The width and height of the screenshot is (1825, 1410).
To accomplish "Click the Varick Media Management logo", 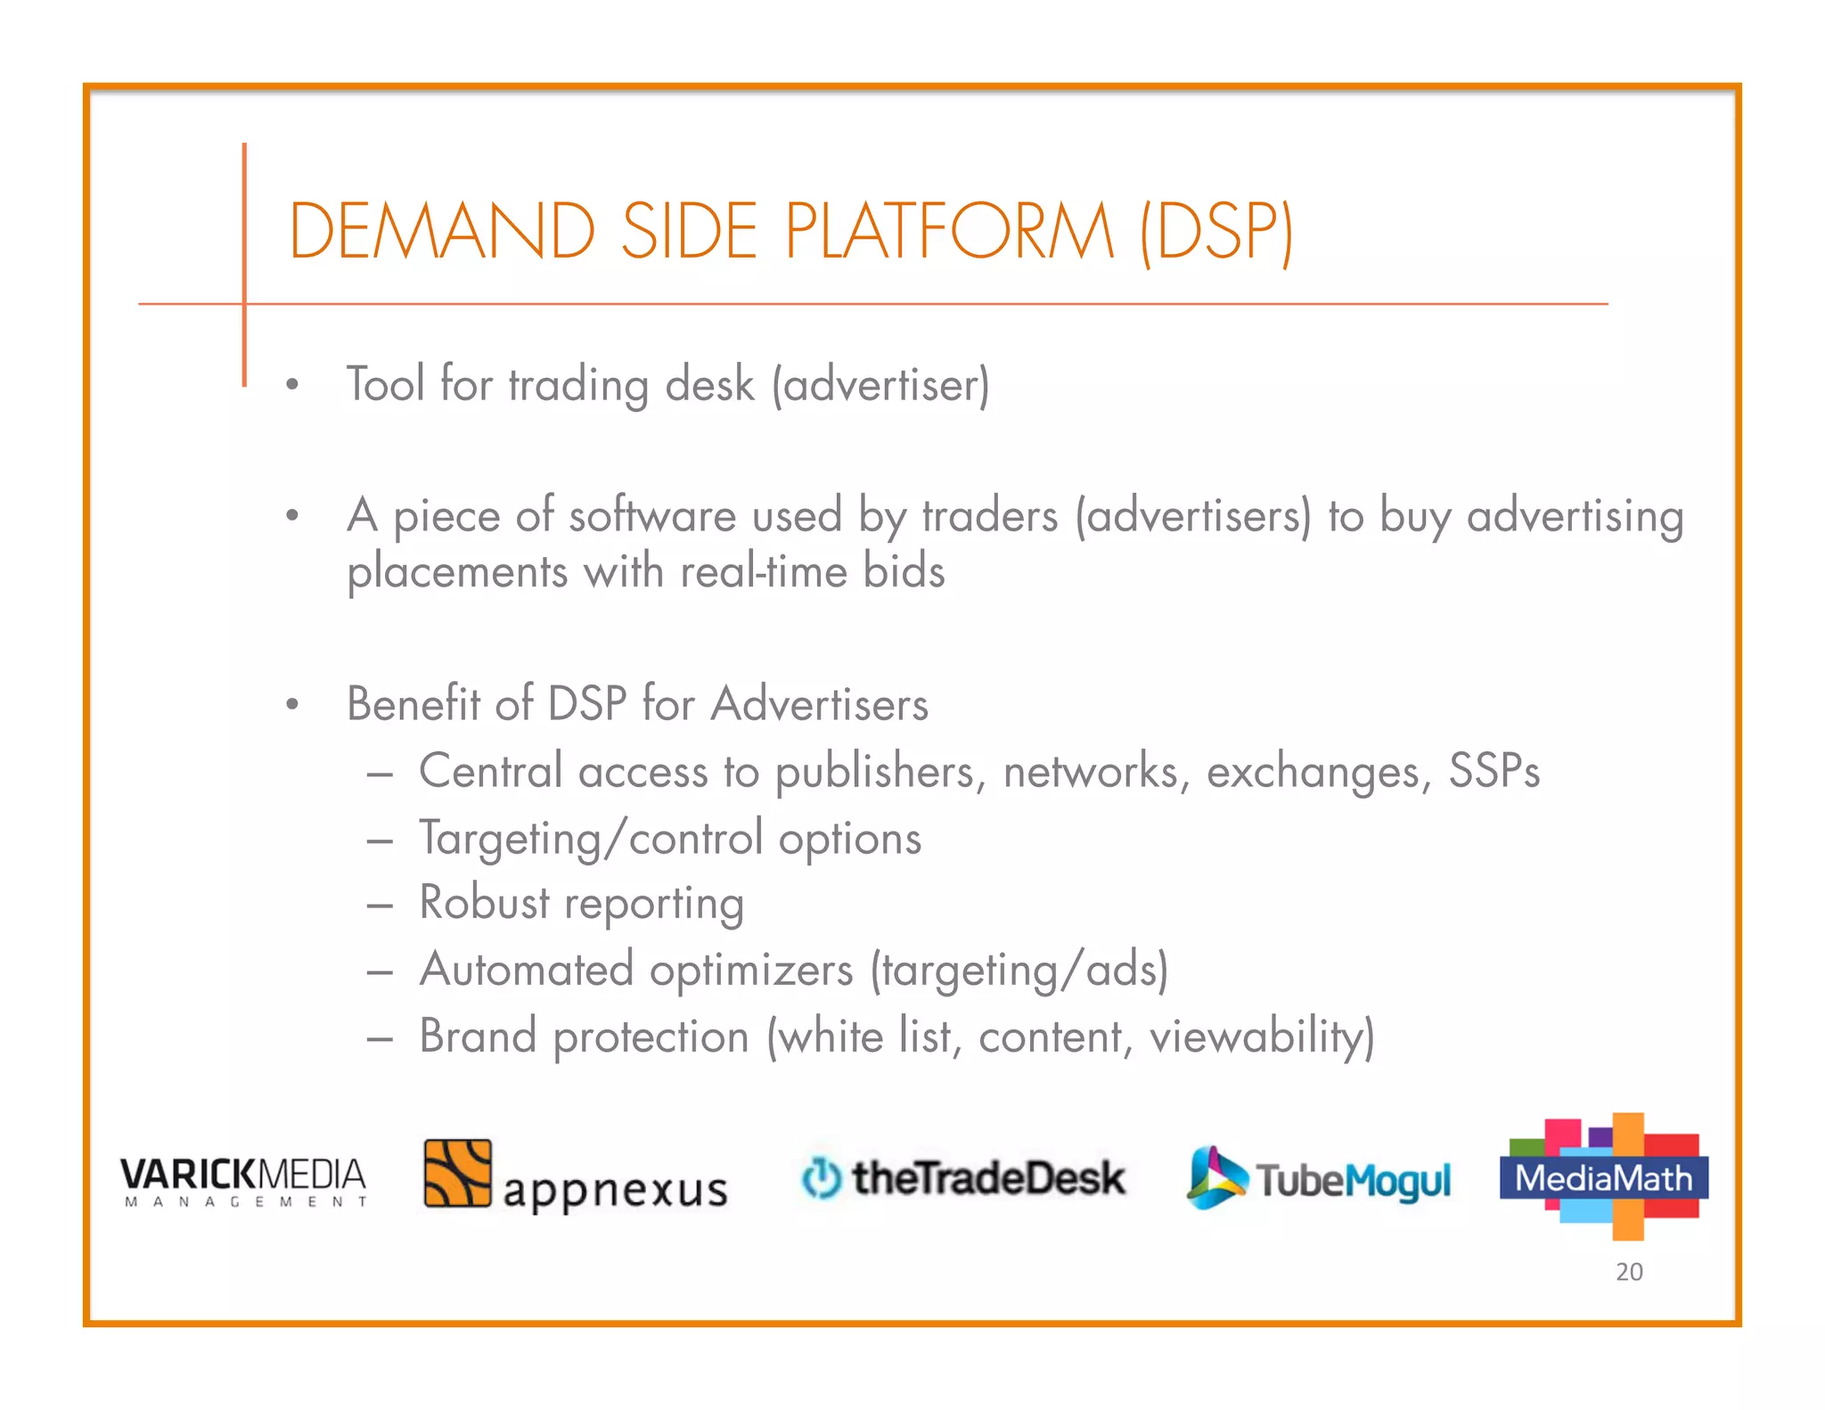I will (243, 1180).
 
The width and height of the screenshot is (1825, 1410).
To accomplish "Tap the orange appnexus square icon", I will (457, 1173).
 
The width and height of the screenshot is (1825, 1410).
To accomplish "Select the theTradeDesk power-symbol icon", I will (821, 1177).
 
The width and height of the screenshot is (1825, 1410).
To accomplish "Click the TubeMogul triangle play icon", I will (1215, 1177).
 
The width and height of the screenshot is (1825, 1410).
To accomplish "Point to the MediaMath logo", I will (1604, 1176).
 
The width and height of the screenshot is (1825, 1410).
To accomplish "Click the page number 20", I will (1629, 1272).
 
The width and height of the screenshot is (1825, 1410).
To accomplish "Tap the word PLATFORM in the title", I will (949, 232).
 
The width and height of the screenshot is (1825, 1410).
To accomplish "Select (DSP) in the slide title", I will (1217, 232).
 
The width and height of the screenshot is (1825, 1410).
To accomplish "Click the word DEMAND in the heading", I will (442, 232).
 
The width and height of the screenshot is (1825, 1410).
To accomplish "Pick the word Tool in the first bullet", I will (385, 385).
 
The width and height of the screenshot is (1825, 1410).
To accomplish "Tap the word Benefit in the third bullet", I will (413, 703).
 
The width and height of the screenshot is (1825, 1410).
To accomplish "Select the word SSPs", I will (1494, 771).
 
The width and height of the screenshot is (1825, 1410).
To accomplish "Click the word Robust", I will (485, 902).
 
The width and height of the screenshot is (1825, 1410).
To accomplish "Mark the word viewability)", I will (1262, 1037).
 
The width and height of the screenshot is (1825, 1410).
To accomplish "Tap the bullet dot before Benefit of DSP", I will (291, 705).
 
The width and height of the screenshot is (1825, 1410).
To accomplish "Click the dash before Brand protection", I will (380, 1038).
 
